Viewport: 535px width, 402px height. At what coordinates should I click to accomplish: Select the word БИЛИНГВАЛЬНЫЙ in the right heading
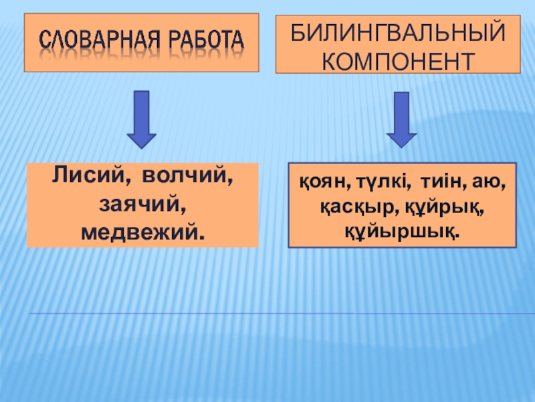397,31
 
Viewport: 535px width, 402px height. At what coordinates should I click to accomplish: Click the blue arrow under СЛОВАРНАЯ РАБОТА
142,119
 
